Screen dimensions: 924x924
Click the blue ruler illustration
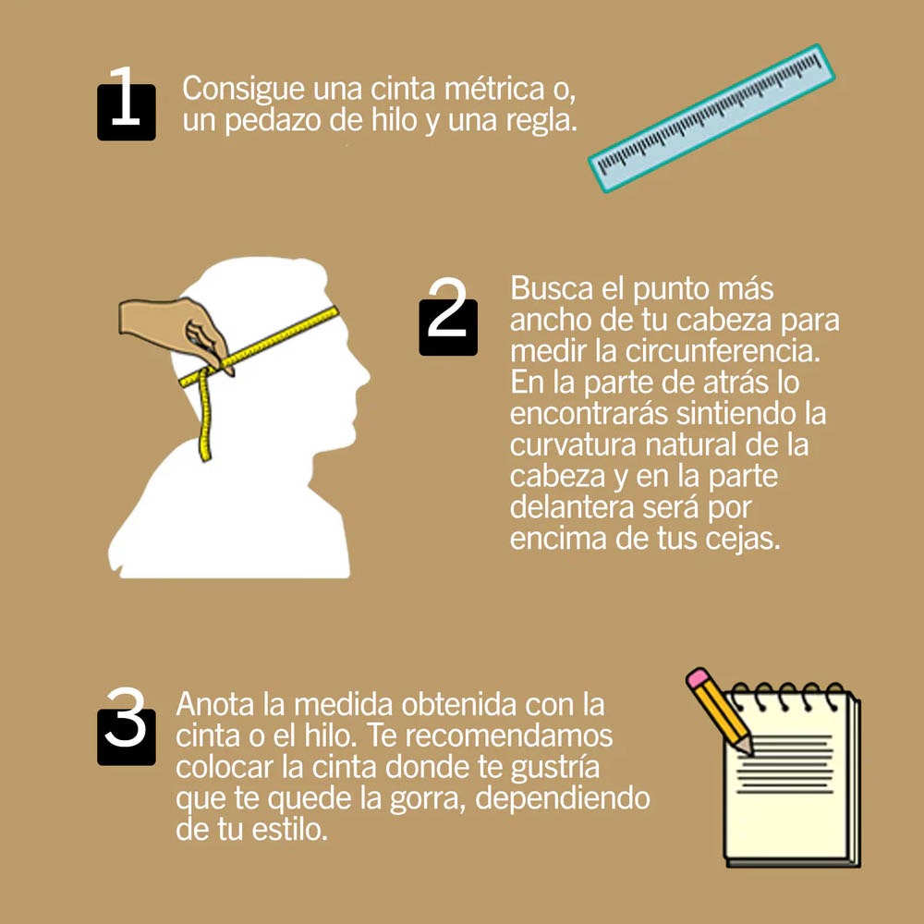711,118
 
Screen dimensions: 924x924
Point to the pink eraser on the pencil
699,677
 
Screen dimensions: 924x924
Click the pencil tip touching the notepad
748,750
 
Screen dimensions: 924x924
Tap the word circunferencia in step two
723,351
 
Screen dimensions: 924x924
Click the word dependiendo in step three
563,798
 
